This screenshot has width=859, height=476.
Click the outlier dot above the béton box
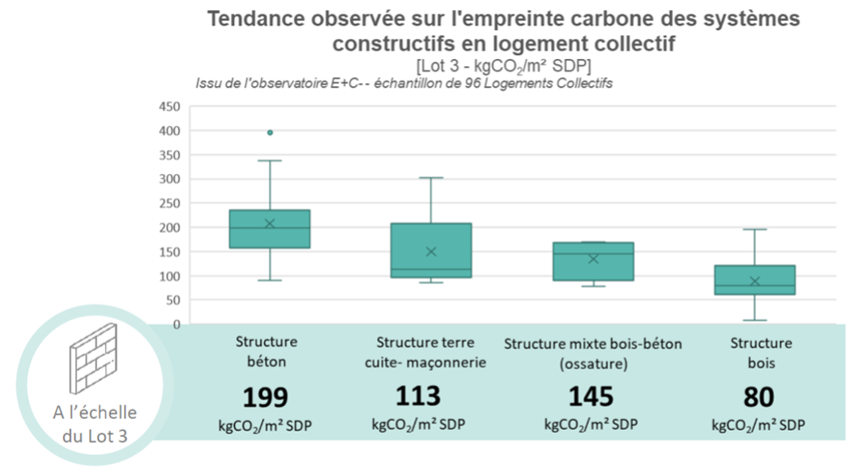pyautogui.click(x=270, y=132)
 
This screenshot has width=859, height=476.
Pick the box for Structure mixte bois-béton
pyautogui.click(x=593, y=261)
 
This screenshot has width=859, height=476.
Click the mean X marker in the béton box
pyautogui.click(x=269, y=223)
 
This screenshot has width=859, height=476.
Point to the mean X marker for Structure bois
pyautogui.click(x=755, y=281)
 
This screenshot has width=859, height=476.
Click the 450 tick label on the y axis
pyautogui.click(x=170, y=107)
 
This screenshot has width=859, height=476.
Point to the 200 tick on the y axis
pyautogui.click(x=170, y=228)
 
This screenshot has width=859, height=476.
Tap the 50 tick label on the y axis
pyautogui.click(x=172, y=300)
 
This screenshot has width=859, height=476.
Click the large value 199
pyautogui.click(x=266, y=398)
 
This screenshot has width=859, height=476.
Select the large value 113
pyautogui.click(x=418, y=396)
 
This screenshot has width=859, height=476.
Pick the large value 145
pyautogui.click(x=591, y=397)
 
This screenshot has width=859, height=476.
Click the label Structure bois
pyautogui.click(x=761, y=354)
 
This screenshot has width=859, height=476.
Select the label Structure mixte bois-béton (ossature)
pyautogui.click(x=592, y=354)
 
